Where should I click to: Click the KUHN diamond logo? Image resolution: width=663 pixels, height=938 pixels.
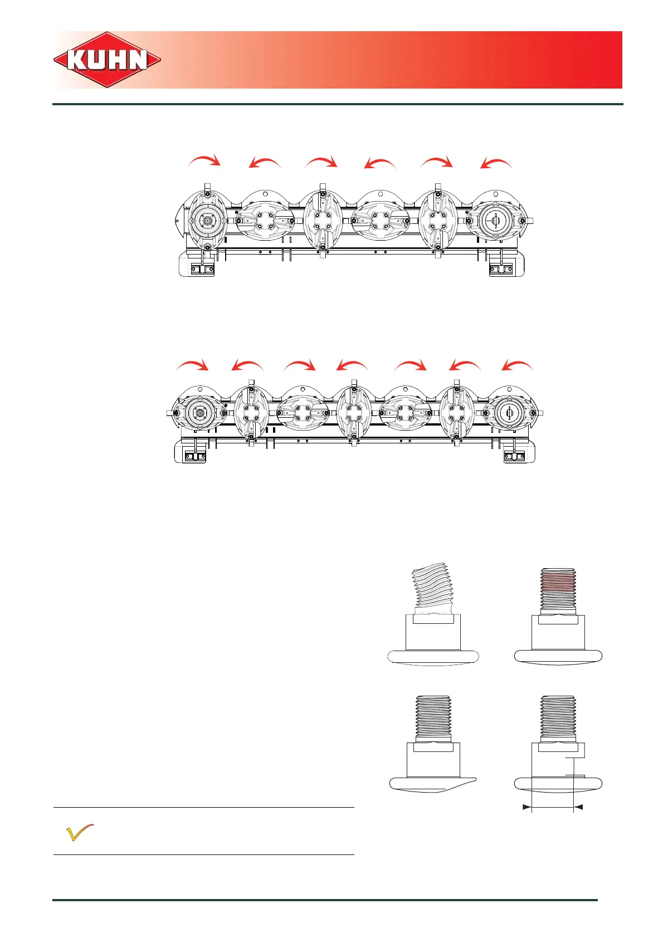(108, 60)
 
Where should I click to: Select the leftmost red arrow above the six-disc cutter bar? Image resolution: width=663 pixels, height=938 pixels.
(204, 162)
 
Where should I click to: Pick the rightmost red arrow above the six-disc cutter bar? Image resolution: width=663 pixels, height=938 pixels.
(496, 164)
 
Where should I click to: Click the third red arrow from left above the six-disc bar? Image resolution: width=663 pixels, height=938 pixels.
(321, 162)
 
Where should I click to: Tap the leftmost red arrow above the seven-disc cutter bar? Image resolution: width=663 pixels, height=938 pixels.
(192, 365)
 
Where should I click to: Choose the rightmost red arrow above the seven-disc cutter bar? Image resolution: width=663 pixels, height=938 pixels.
(518, 365)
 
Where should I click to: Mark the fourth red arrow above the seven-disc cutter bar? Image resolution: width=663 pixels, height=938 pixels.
(352, 365)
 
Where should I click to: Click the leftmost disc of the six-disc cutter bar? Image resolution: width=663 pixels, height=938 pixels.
(207, 221)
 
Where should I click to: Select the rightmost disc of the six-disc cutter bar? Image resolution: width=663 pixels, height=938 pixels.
(495, 221)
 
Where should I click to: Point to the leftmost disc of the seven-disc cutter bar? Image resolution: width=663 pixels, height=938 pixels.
(198, 413)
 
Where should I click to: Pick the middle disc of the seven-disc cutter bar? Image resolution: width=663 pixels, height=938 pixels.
(353, 413)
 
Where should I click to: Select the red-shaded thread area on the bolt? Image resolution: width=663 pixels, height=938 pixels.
(558, 583)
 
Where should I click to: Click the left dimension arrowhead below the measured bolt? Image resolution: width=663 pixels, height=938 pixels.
(526, 807)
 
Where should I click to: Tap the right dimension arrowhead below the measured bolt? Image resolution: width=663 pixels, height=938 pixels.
(578, 807)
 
